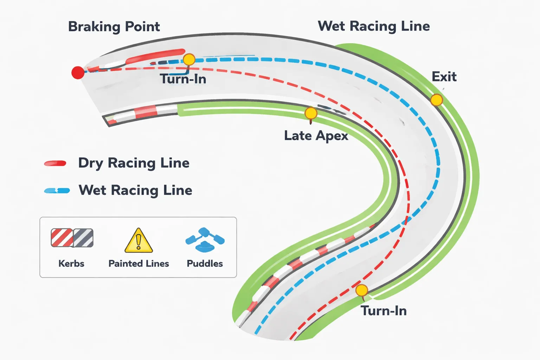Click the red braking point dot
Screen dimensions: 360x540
tap(78, 73)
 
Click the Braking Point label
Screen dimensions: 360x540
tap(114, 27)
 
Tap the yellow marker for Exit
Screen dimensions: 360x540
tap(436, 100)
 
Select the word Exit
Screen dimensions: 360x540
tap(444, 77)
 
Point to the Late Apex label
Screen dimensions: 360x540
tap(316, 136)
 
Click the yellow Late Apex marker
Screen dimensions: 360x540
tap(311, 113)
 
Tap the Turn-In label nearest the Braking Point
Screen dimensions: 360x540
tap(183, 79)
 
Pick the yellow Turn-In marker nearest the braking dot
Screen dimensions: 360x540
tap(189, 59)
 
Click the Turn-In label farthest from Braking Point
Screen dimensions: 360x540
tap(384, 311)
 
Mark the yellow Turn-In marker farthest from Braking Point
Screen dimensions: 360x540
tap(361, 290)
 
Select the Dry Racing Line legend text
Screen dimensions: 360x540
tap(134, 163)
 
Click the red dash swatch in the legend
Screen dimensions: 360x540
tap(55, 163)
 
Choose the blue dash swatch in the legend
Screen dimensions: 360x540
tap(57, 191)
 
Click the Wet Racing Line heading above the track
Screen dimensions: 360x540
tap(374, 26)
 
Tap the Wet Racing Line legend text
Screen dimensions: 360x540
tap(135, 190)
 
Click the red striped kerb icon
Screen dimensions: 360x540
tap(62, 238)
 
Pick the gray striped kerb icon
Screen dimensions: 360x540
tap(83, 238)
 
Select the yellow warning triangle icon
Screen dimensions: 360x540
tap(139, 241)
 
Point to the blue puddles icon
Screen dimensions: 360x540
tap(205, 240)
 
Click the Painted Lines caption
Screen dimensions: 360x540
tap(139, 264)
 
